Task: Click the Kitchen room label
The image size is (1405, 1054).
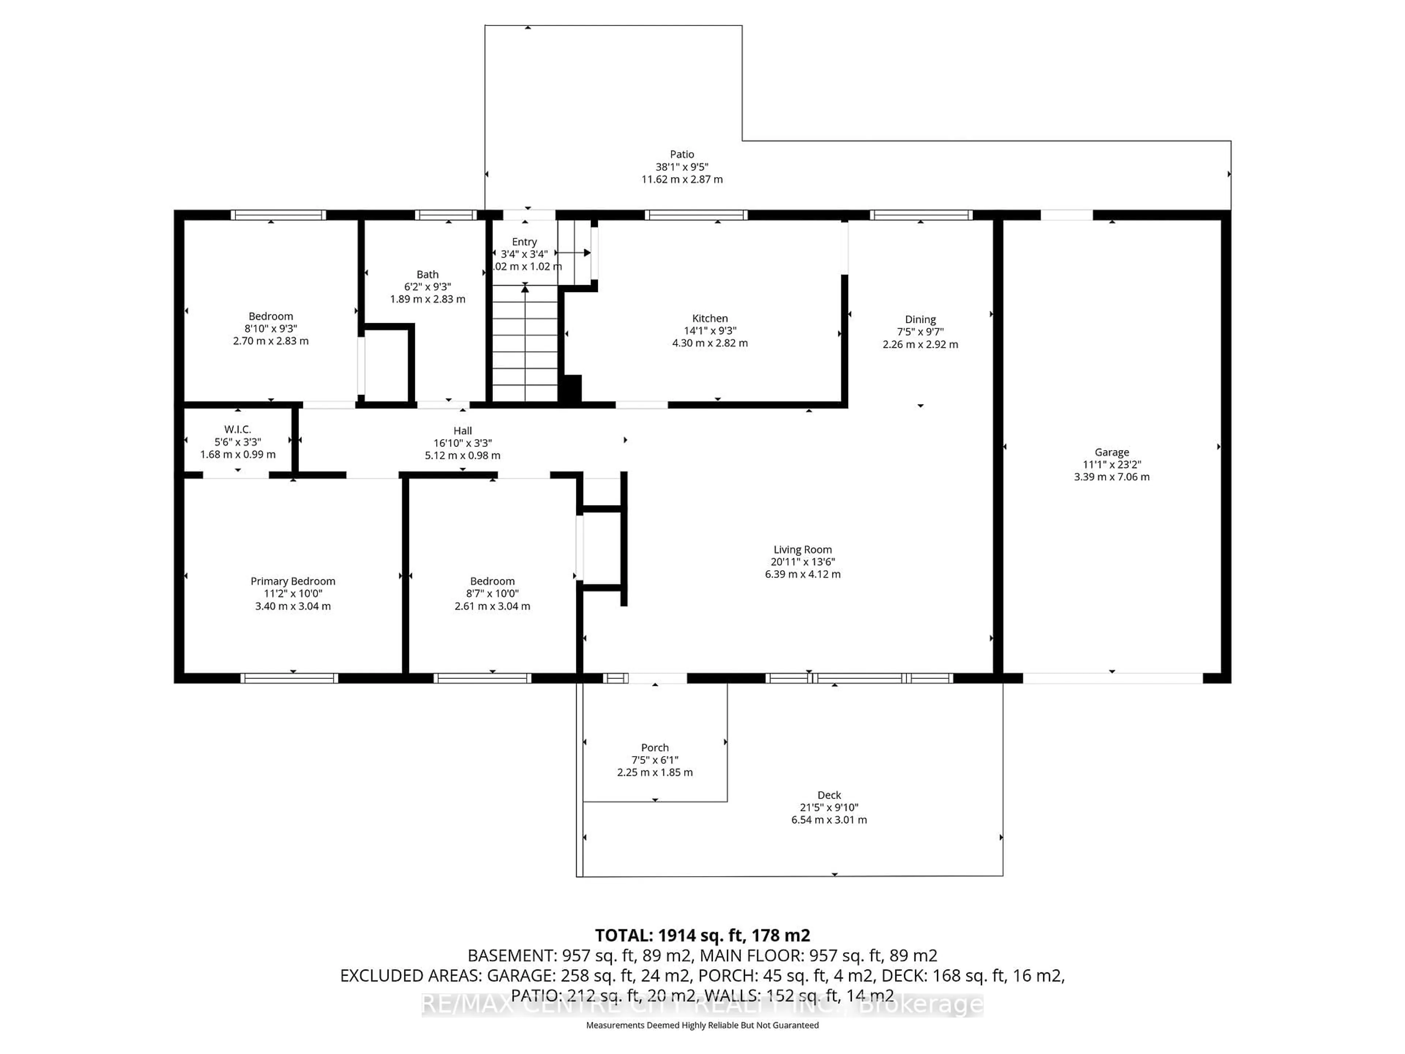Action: [x=709, y=318]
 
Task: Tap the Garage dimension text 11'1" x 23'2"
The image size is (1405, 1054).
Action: [x=1112, y=464]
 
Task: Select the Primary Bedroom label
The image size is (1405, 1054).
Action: [x=293, y=581]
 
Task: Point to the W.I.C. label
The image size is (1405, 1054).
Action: [x=237, y=430]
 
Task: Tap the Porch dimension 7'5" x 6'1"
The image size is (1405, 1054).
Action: [x=655, y=760]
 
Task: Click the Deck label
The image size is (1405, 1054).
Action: [x=829, y=795]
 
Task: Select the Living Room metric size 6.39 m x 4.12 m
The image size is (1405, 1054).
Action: [x=802, y=574]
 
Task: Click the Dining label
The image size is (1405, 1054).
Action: [x=920, y=319]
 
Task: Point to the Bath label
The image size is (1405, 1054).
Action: [x=427, y=274]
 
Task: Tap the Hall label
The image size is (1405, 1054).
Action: [x=462, y=431]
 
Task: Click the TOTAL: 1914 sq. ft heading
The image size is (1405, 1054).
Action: [x=702, y=935]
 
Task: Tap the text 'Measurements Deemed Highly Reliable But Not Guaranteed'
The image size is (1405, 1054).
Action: [x=702, y=1025]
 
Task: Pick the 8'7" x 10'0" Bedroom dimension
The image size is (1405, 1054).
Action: [x=492, y=593]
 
